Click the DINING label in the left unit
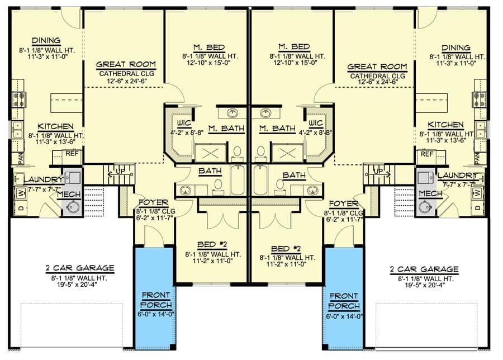point(46,40)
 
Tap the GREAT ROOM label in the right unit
point(377,67)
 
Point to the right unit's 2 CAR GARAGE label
point(424,269)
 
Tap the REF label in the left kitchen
point(72,154)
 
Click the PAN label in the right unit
point(477,158)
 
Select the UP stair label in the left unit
point(121,172)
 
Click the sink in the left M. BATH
point(232,113)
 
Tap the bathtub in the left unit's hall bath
point(238,180)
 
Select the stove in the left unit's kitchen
point(19,100)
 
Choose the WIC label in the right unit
point(315,122)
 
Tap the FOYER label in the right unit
point(344,203)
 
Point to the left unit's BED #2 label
point(212,244)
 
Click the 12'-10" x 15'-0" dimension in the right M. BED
point(295,63)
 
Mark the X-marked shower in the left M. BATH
point(211,153)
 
